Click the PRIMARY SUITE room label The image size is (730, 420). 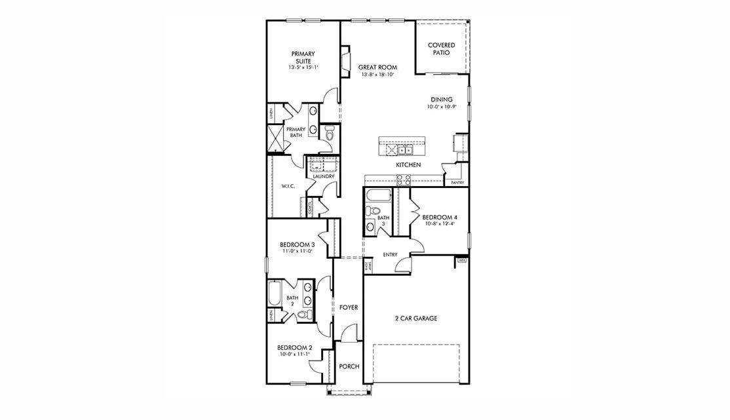click(303, 57)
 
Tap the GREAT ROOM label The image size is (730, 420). click(377, 67)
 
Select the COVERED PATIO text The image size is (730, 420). click(441, 48)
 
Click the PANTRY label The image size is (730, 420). click(457, 183)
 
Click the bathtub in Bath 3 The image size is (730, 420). click(379, 195)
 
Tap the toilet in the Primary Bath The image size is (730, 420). click(330, 134)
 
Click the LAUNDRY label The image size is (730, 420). click(324, 176)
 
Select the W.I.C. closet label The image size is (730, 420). click(288, 187)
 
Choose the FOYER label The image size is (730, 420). click(349, 307)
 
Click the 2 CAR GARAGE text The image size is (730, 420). click(415, 318)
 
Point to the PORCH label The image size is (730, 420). click(349, 366)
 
